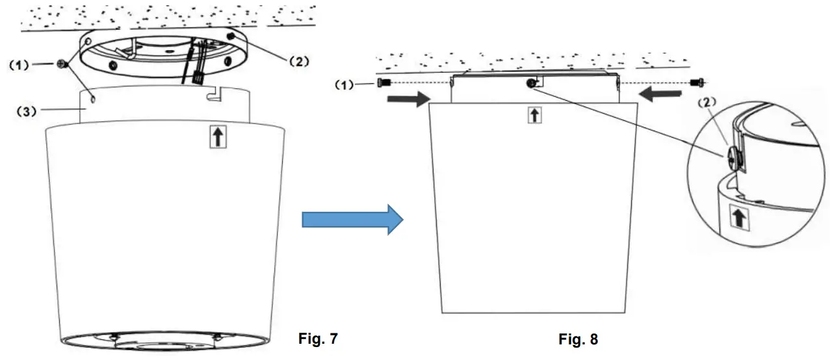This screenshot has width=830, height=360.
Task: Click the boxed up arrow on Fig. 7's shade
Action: [218, 138]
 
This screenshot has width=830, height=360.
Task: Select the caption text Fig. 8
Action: [578, 339]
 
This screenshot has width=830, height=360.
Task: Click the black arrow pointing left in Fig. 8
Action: [658, 94]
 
